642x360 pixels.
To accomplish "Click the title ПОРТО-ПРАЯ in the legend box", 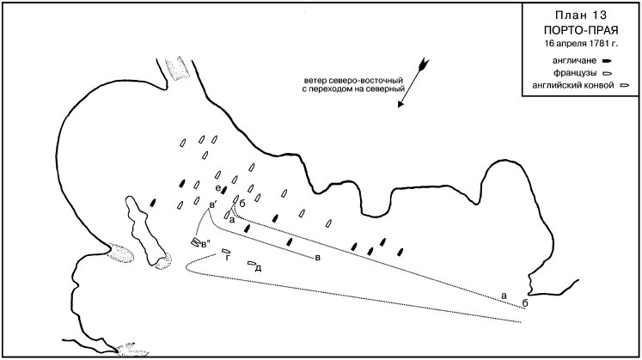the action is point(581,30).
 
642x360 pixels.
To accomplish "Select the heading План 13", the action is point(581,15).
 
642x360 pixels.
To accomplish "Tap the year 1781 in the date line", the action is point(597,43).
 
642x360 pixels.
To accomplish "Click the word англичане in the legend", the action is point(574,61).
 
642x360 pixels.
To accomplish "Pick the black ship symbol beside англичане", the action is point(607,61).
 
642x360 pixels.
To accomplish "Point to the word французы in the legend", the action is point(574,74).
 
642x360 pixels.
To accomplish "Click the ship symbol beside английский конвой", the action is point(625,86).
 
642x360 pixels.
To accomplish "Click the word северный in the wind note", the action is point(386,88).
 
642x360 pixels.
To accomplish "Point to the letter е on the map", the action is point(218,188).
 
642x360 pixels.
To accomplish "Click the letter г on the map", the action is point(228,257).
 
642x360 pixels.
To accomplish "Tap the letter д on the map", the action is point(259,268).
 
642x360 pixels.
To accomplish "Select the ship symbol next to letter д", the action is point(252,264).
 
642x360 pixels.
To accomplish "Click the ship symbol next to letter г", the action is point(225,250).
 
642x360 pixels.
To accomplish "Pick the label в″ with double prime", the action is point(206,244).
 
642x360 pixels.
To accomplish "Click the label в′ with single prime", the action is point(213,204).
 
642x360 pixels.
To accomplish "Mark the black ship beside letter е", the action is point(224,189).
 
